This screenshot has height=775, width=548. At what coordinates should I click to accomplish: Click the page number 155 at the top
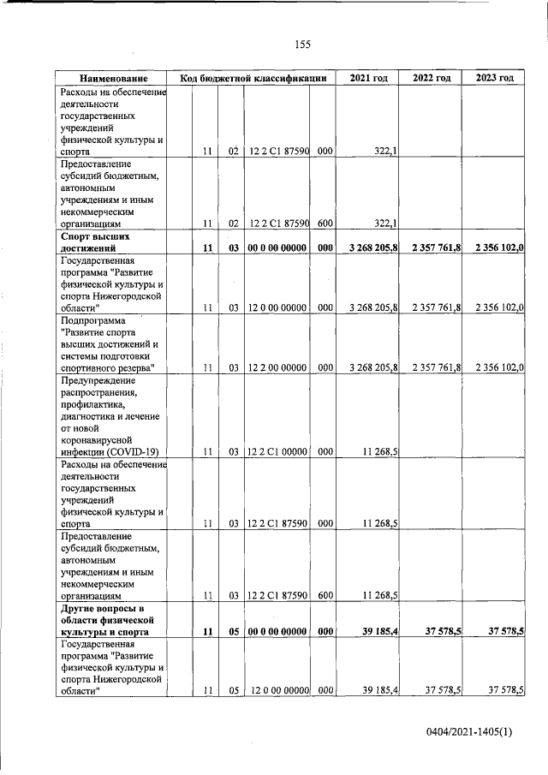(x=301, y=45)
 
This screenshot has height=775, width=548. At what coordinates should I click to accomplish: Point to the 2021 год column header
(x=368, y=79)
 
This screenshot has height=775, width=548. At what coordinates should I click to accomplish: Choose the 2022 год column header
(x=432, y=79)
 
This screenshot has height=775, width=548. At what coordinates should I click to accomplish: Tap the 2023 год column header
(x=495, y=79)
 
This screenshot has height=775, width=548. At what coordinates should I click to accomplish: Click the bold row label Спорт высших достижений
(x=95, y=241)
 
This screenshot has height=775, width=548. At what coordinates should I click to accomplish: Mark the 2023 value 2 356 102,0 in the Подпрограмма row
(x=499, y=368)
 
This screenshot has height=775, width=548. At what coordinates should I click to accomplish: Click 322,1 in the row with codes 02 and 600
(x=389, y=224)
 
